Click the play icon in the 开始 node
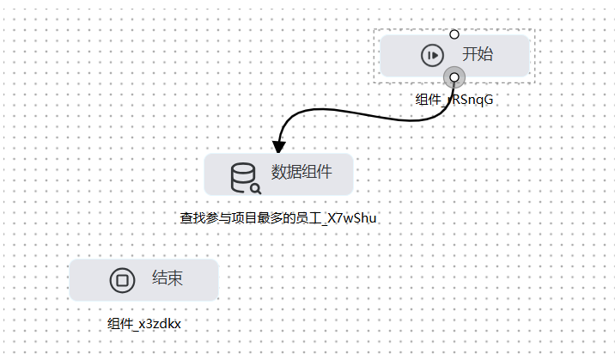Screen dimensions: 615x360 point(432,55)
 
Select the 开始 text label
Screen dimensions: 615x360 point(478,54)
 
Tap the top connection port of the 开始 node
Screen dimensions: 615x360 point(454,34)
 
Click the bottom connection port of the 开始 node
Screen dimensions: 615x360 point(454,77)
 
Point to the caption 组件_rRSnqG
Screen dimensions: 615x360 point(454,100)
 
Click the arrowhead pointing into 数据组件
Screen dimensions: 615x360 point(279,147)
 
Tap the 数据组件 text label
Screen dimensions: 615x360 point(301,172)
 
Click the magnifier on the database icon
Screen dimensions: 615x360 point(256,189)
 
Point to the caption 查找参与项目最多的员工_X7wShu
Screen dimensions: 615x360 point(278,218)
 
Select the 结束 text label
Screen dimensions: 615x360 point(167,278)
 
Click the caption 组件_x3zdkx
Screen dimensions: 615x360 point(144,324)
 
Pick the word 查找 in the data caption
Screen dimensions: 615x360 point(192,218)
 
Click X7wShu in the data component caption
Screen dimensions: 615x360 point(352,218)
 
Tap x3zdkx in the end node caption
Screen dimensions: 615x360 point(160,324)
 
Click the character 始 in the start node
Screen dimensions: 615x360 point(485,54)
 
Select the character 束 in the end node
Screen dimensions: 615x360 point(175,278)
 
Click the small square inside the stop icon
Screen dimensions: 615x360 point(122,280)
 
